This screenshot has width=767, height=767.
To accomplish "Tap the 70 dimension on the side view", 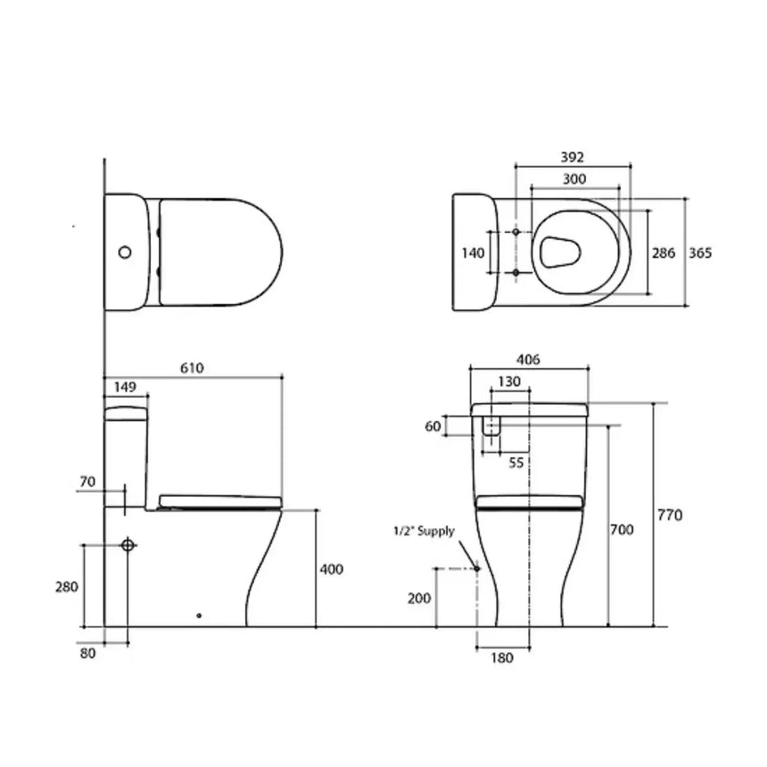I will tap(87, 482).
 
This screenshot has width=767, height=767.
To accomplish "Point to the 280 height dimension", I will tap(67, 587).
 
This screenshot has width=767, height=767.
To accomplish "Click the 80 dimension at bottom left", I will tap(87, 653).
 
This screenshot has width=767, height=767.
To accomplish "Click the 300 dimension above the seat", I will tap(574, 178).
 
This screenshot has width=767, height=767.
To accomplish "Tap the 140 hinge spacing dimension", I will tap(474, 253).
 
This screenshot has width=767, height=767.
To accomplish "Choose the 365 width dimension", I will tap(700, 253).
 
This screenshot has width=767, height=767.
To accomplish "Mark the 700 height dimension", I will tap(623, 530).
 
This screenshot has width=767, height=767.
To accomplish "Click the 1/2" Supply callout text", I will tap(425, 532).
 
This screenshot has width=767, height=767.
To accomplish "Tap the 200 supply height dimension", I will tap(418, 598).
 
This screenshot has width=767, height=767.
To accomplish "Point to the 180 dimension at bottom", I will tap(503, 658).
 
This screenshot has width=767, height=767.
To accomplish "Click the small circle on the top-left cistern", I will tap(125, 252).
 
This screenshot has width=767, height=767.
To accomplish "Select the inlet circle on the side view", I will tap(128, 544).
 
